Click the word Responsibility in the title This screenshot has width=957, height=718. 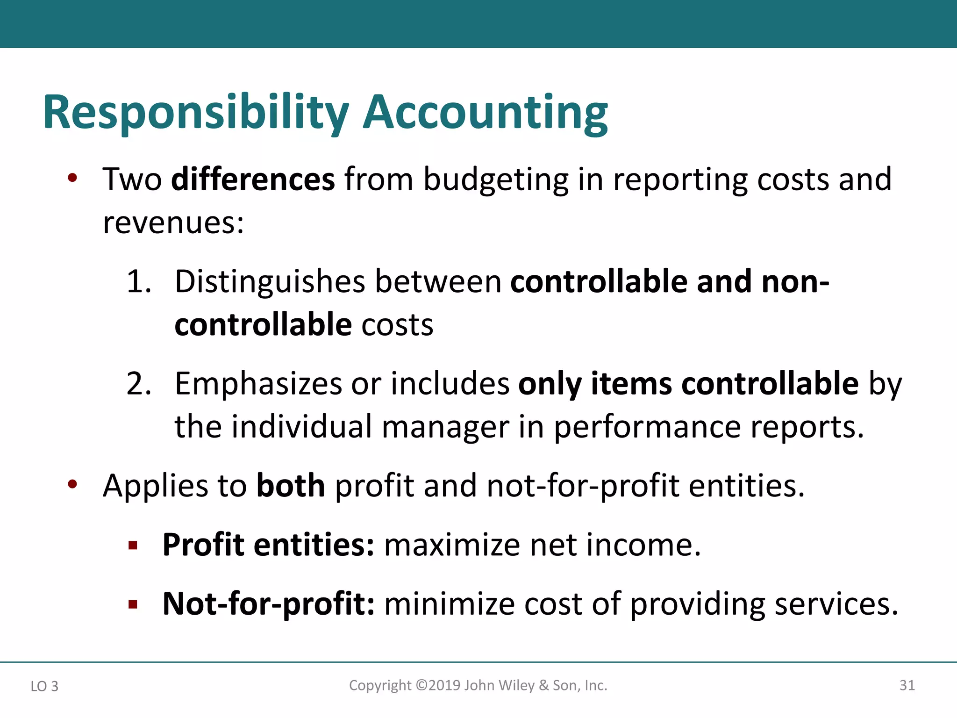196,114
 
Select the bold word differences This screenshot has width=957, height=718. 253,179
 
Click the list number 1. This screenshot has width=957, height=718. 139,282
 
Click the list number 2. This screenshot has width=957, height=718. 139,384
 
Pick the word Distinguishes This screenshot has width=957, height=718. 270,282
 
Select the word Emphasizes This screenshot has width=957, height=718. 258,384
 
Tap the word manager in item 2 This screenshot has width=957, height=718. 445,427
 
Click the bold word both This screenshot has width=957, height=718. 291,486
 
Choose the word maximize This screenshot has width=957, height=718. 452,545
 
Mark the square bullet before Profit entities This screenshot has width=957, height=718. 133,546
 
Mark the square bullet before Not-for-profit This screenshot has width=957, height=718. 133,605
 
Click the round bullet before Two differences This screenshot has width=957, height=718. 72,178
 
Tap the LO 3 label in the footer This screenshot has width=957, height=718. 44,686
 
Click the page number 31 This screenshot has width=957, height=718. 907,685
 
